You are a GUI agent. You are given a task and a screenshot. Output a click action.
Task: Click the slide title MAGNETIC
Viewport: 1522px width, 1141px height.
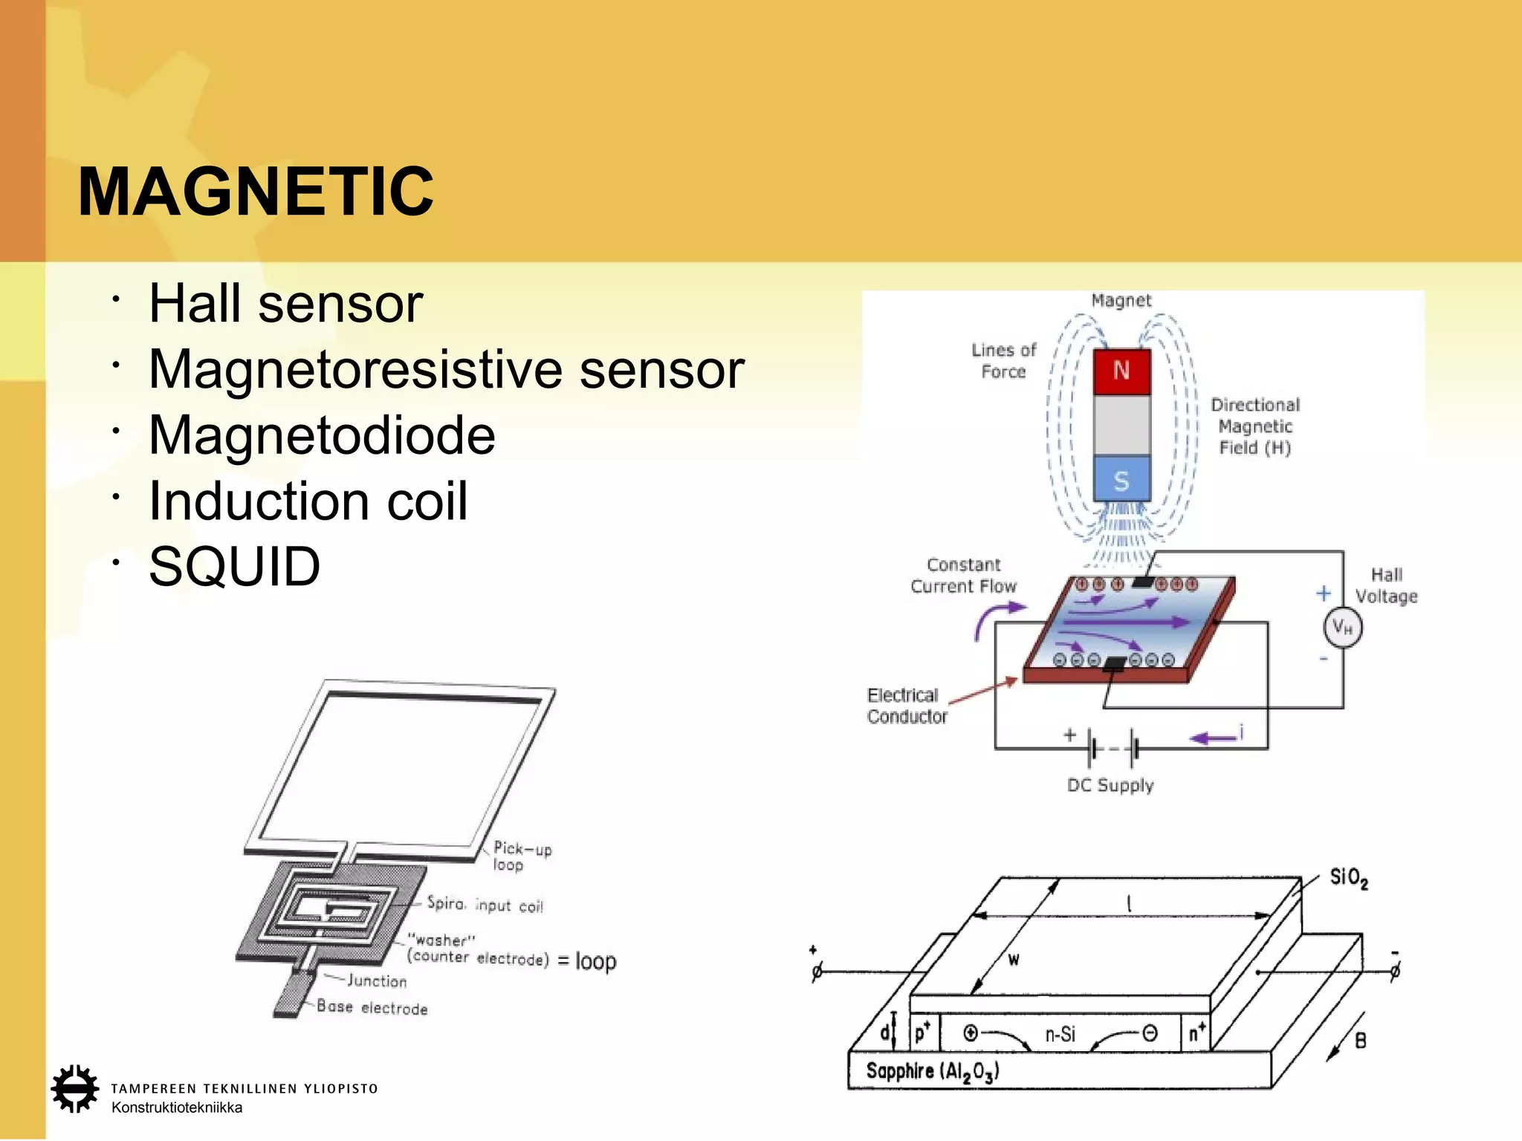click(x=256, y=192)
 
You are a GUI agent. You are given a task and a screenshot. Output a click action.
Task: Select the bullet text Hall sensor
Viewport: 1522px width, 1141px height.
click(x=285, y=304)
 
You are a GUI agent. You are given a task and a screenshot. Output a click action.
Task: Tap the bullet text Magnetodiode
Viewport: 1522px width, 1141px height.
click(x=322, y=435)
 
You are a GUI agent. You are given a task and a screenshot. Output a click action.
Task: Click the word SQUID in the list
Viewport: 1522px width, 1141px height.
click(x=234, y=567)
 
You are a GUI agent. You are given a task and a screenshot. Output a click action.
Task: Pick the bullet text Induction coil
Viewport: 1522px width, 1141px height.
click(x=308, y=501)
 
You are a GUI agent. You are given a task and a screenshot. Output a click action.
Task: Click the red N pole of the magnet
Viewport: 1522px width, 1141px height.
click(x=1121, y=371)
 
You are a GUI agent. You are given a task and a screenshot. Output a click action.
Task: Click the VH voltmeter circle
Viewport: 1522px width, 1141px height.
click(x=1342, y=628)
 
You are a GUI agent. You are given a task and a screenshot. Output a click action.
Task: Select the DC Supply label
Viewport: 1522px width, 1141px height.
click(x=1110, y=785)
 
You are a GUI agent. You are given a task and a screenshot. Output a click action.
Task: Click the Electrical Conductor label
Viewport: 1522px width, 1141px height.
click(x=907, y=706)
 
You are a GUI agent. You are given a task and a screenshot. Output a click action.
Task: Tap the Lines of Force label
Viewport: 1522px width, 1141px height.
click(x=1003, y=360)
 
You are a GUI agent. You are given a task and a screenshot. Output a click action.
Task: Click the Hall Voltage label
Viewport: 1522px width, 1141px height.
click(x=1386, y=585)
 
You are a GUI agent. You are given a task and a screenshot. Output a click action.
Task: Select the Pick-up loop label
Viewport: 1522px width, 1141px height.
click(x=522, y=856)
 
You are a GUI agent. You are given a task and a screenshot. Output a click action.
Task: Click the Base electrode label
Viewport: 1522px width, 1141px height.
click(x=372, y=1007)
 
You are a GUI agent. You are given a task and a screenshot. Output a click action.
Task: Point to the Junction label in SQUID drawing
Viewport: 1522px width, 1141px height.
click(x=377, y=981)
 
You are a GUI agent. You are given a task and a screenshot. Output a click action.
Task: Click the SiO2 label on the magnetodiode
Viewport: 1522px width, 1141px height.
click(x=1348, y=878)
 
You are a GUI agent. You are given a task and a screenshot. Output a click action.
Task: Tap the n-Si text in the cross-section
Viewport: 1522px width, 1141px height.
click(x=1060, y=1034)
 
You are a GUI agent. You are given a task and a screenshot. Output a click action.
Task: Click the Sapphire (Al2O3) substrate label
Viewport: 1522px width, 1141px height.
click(x=933, y=1071)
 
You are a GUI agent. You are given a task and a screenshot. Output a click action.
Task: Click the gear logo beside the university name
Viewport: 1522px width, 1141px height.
click(x=74, y=1089)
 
